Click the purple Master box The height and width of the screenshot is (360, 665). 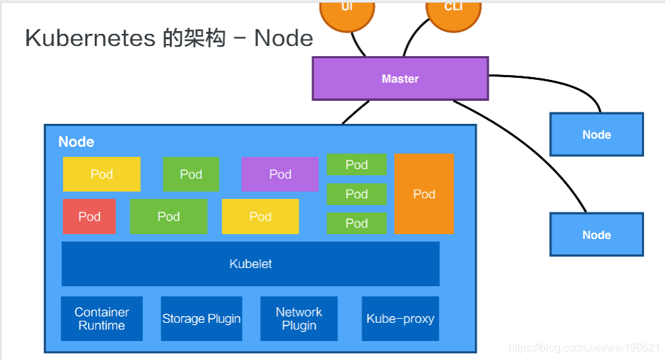click(400, 78)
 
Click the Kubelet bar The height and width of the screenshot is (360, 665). click(251, 264)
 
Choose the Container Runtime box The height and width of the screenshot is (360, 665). click(102, 319)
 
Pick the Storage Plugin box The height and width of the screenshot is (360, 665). click(202, 319)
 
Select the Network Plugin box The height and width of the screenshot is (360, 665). click(299, 319)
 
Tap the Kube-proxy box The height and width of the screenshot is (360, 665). click(400, 319)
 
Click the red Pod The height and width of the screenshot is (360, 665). click(89, 217)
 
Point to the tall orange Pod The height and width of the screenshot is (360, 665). click(424, 194)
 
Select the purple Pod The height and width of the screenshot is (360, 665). click(280, 175)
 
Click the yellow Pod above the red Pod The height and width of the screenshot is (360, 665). click(102, 175)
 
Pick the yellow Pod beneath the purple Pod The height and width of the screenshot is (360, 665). click(260, 217)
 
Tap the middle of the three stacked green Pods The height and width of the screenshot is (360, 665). click(356, 194)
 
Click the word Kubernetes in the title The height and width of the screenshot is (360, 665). click(90, 38)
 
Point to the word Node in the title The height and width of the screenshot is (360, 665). click(283, 38)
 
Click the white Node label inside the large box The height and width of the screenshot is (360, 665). click(76, 142)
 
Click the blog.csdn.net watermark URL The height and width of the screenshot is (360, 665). click(583, 348)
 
